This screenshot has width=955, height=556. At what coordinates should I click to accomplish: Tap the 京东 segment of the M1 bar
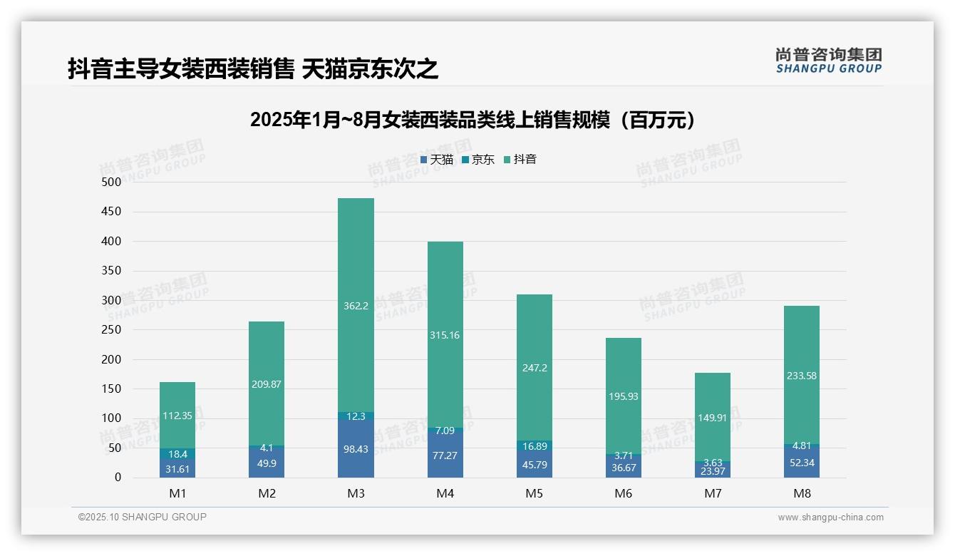click(177, 454)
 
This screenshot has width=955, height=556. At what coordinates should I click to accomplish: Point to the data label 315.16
click(445, 335)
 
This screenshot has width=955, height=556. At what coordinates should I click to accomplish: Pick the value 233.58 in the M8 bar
click(802, 376)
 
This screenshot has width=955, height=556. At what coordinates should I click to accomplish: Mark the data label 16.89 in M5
click(534, 446)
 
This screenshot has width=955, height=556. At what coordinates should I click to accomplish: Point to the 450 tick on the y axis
click(112, 212)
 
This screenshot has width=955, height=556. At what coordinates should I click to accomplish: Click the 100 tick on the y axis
click(112, 418)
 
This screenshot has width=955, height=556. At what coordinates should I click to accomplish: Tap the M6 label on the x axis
click(623, 493)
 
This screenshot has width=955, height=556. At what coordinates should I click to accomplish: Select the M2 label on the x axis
click(267, 493)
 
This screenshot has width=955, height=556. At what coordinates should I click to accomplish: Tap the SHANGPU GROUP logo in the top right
click(828, 61)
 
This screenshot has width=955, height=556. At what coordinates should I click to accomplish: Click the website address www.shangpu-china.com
click(830, 518)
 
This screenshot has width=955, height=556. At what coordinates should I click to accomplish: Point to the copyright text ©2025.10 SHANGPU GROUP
click(143, 518)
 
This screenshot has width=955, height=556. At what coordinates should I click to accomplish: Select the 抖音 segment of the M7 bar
click(712, 413)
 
